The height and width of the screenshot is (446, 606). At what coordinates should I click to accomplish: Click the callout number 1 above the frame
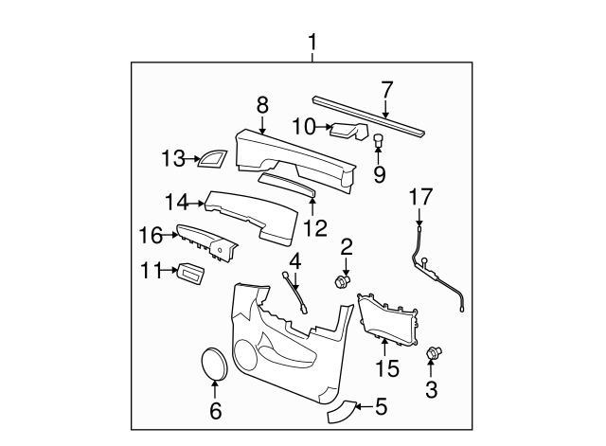[x=312, y=43]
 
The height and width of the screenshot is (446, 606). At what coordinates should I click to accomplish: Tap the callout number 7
[x=386, y=90]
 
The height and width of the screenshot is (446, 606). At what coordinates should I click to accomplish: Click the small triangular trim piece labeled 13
[x=212, y=159]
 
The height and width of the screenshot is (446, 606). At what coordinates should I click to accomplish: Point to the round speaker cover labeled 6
[x=215, y=364]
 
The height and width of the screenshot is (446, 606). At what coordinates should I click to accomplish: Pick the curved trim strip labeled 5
[x=340, y=412]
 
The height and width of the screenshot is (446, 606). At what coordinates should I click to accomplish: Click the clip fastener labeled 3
[x=434, y=352]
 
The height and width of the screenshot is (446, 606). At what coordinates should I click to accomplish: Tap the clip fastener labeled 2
[x=342, y=281]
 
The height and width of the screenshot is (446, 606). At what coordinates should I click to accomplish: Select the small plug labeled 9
[x=379, y=140]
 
